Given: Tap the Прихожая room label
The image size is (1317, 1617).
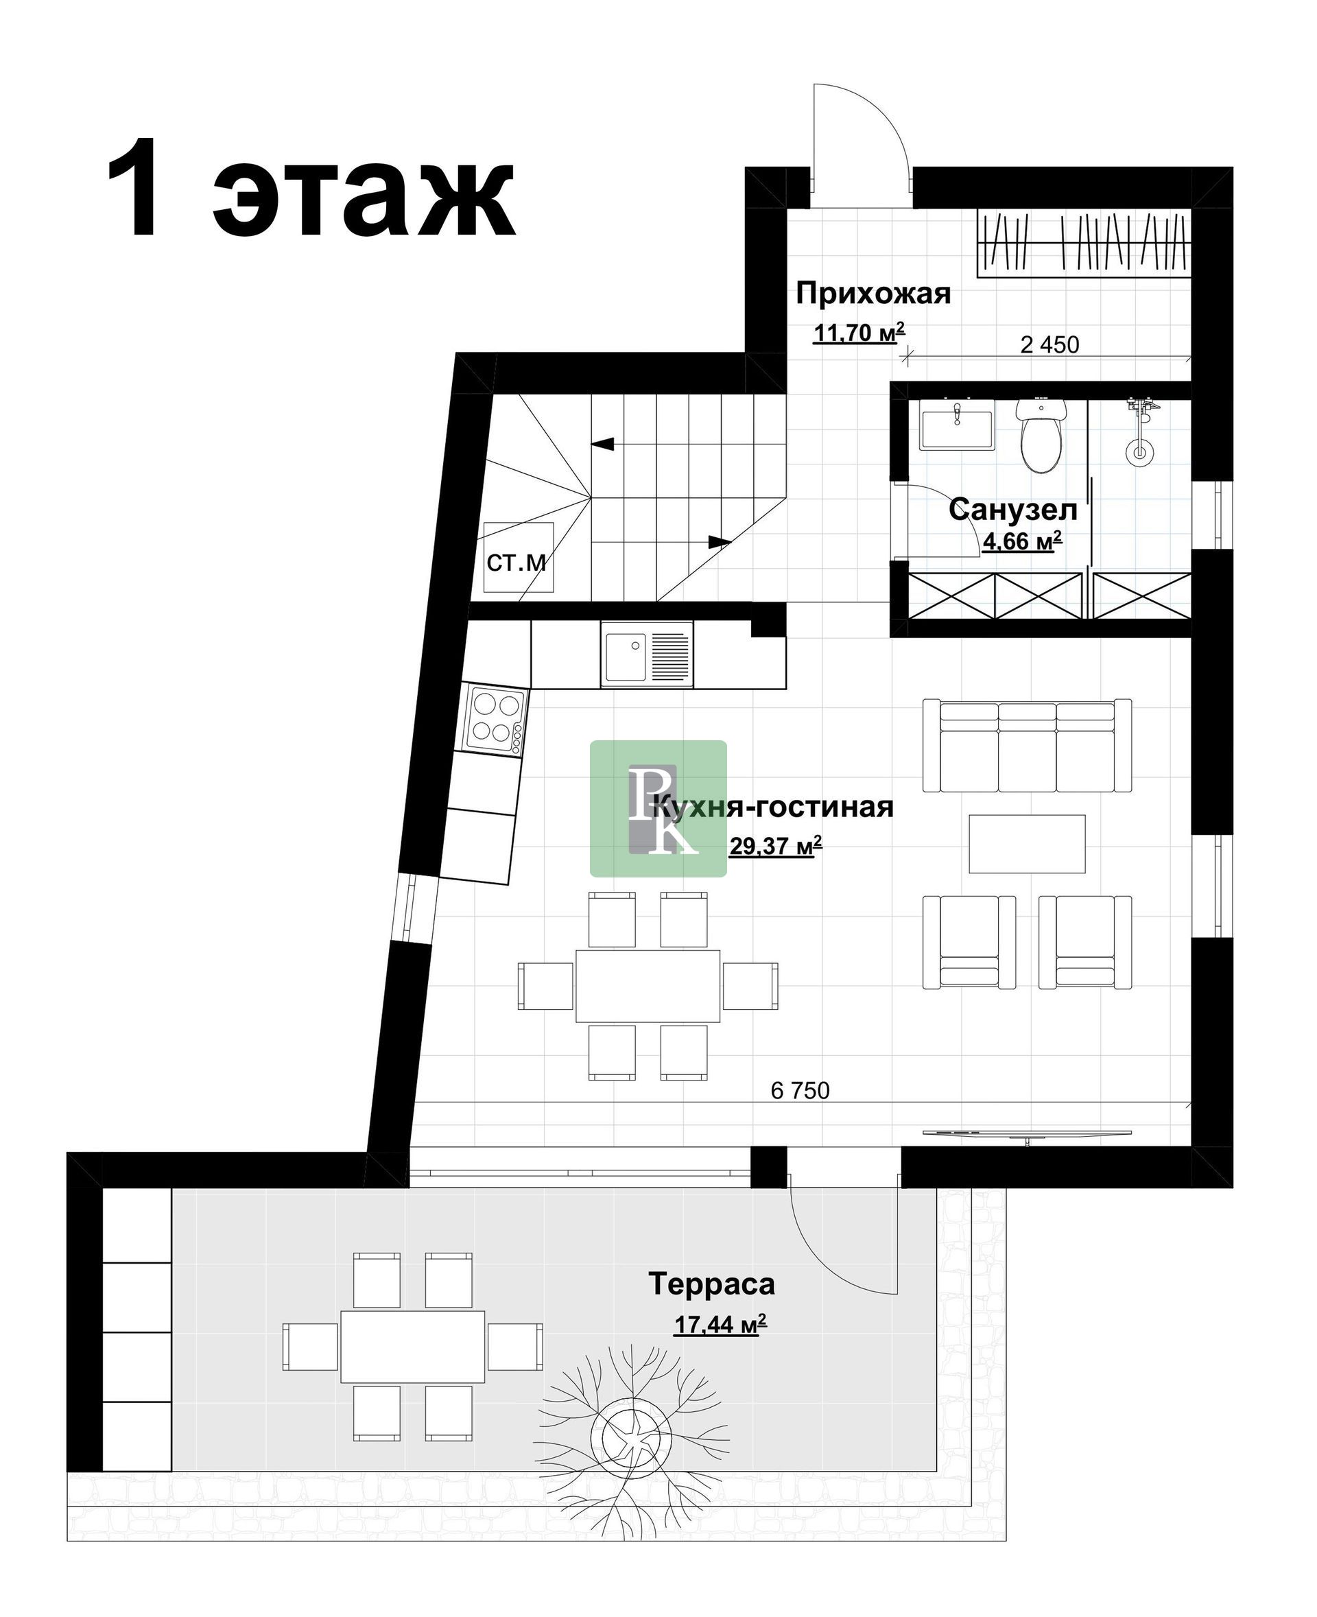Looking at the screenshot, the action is pos(873,293).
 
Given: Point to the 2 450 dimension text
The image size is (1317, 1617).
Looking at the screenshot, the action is pos(1049,344).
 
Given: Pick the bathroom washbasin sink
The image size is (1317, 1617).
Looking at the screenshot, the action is pos(958,429).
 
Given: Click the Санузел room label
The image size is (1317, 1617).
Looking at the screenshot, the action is pos(1012,509).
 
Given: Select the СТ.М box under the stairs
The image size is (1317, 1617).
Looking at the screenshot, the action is pos(518,558).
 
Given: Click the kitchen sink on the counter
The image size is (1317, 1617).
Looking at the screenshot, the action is pos(647,653).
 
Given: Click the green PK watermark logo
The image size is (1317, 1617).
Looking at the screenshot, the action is pos(658,809).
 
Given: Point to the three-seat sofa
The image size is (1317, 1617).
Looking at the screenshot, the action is pos(1028,746).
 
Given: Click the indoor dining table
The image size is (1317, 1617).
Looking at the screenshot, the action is pos(648,987).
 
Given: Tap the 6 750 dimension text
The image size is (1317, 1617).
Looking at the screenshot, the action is pos(800,1090).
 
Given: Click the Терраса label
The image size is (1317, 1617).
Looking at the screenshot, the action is pos(711,1283).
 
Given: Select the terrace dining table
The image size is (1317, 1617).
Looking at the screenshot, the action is pos(413,1345).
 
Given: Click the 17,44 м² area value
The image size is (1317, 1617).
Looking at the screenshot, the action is pos(721,1324).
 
